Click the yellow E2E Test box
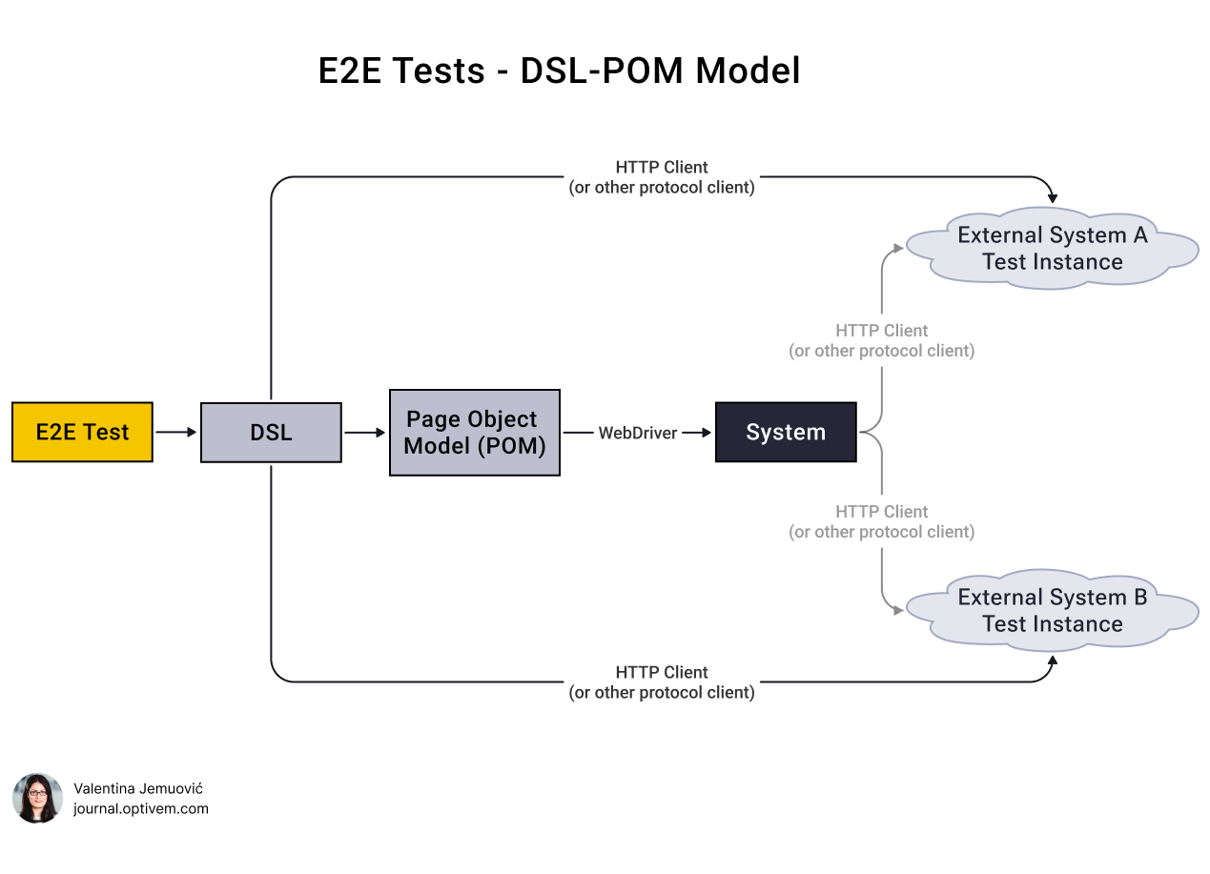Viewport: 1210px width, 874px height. click(x=82, y=432)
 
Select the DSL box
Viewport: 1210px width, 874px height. click(x=271, y=432)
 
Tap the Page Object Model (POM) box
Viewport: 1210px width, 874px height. click(x=474, y=432)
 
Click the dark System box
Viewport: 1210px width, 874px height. click(x=786, y=432)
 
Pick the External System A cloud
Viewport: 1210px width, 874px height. click(x=1052, y=248)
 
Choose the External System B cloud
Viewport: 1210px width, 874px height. click(x=1052, y=610)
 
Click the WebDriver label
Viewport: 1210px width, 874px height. click(x=637, y=433)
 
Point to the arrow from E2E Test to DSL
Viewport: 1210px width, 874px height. click(x=176, y=432)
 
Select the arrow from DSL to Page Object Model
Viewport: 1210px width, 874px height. click(x=365, y=432)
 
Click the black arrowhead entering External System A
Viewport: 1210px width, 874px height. click(x=1053, y=197)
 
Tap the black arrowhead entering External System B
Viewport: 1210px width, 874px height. click(x=1053, y=660)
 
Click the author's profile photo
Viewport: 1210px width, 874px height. click(x=37, y=798)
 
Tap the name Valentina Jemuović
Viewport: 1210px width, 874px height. click(x=138, y=788)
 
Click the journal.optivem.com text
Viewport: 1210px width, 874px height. click(x=141, y=809)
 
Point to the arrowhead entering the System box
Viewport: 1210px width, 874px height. click(x=707, y=432)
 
